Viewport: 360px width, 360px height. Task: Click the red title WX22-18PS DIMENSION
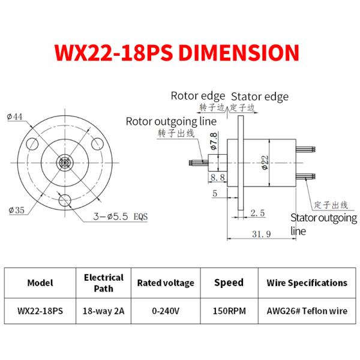[x=176, y=53]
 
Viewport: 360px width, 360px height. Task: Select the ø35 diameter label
[x=16, y=209]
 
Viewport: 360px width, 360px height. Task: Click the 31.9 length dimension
[x=263, y=233]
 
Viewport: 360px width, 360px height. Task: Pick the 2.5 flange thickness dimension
[x=258, y=212]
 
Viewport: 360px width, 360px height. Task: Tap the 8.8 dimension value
[x=218, y=177]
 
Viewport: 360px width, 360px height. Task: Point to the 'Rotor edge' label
[x=198, y=95]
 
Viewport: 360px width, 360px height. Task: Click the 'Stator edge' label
[x=260, y=97]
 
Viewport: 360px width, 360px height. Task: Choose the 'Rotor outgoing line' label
[x=170, y=121]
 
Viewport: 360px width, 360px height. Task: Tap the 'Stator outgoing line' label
[x=323, y=224]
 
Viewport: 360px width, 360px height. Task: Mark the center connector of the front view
[x=65, y=163]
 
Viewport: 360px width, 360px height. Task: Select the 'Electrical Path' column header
[x=103, y=283]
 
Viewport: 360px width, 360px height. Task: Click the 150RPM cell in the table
[x=229, y=311]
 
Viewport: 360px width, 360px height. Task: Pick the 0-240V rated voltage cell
[x=166, y=311]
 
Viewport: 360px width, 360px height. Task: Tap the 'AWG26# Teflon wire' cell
[x=307, y=311]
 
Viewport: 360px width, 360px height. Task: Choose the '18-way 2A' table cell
[x=103, y=311]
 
